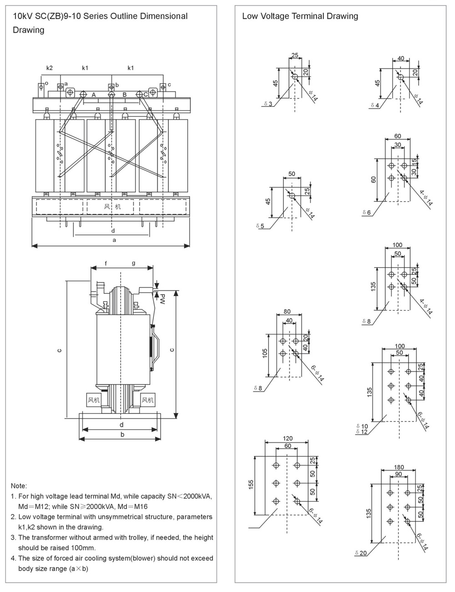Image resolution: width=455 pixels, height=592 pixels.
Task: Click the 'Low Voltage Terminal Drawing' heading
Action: point(300,16)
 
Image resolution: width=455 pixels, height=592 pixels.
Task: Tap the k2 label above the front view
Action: point(50,68)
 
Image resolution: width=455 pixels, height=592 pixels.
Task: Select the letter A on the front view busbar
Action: point(93,95)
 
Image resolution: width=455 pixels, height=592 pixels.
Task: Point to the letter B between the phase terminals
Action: point(124,95)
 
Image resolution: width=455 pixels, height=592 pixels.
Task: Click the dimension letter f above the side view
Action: point(106,263)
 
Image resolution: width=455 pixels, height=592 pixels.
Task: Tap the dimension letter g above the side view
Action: point(134,263)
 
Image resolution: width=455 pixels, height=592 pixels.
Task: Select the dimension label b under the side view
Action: point(122,434)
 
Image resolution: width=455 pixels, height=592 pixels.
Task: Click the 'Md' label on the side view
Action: point(162,299)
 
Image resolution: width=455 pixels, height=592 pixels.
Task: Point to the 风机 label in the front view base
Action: point(111,207)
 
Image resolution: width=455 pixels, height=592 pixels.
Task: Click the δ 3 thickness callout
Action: point(268,104)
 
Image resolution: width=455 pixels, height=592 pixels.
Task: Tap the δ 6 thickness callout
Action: point(367,213)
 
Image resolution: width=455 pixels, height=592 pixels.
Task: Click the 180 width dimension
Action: point(399,467)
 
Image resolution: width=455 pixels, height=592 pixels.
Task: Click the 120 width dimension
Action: point(288,439)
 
